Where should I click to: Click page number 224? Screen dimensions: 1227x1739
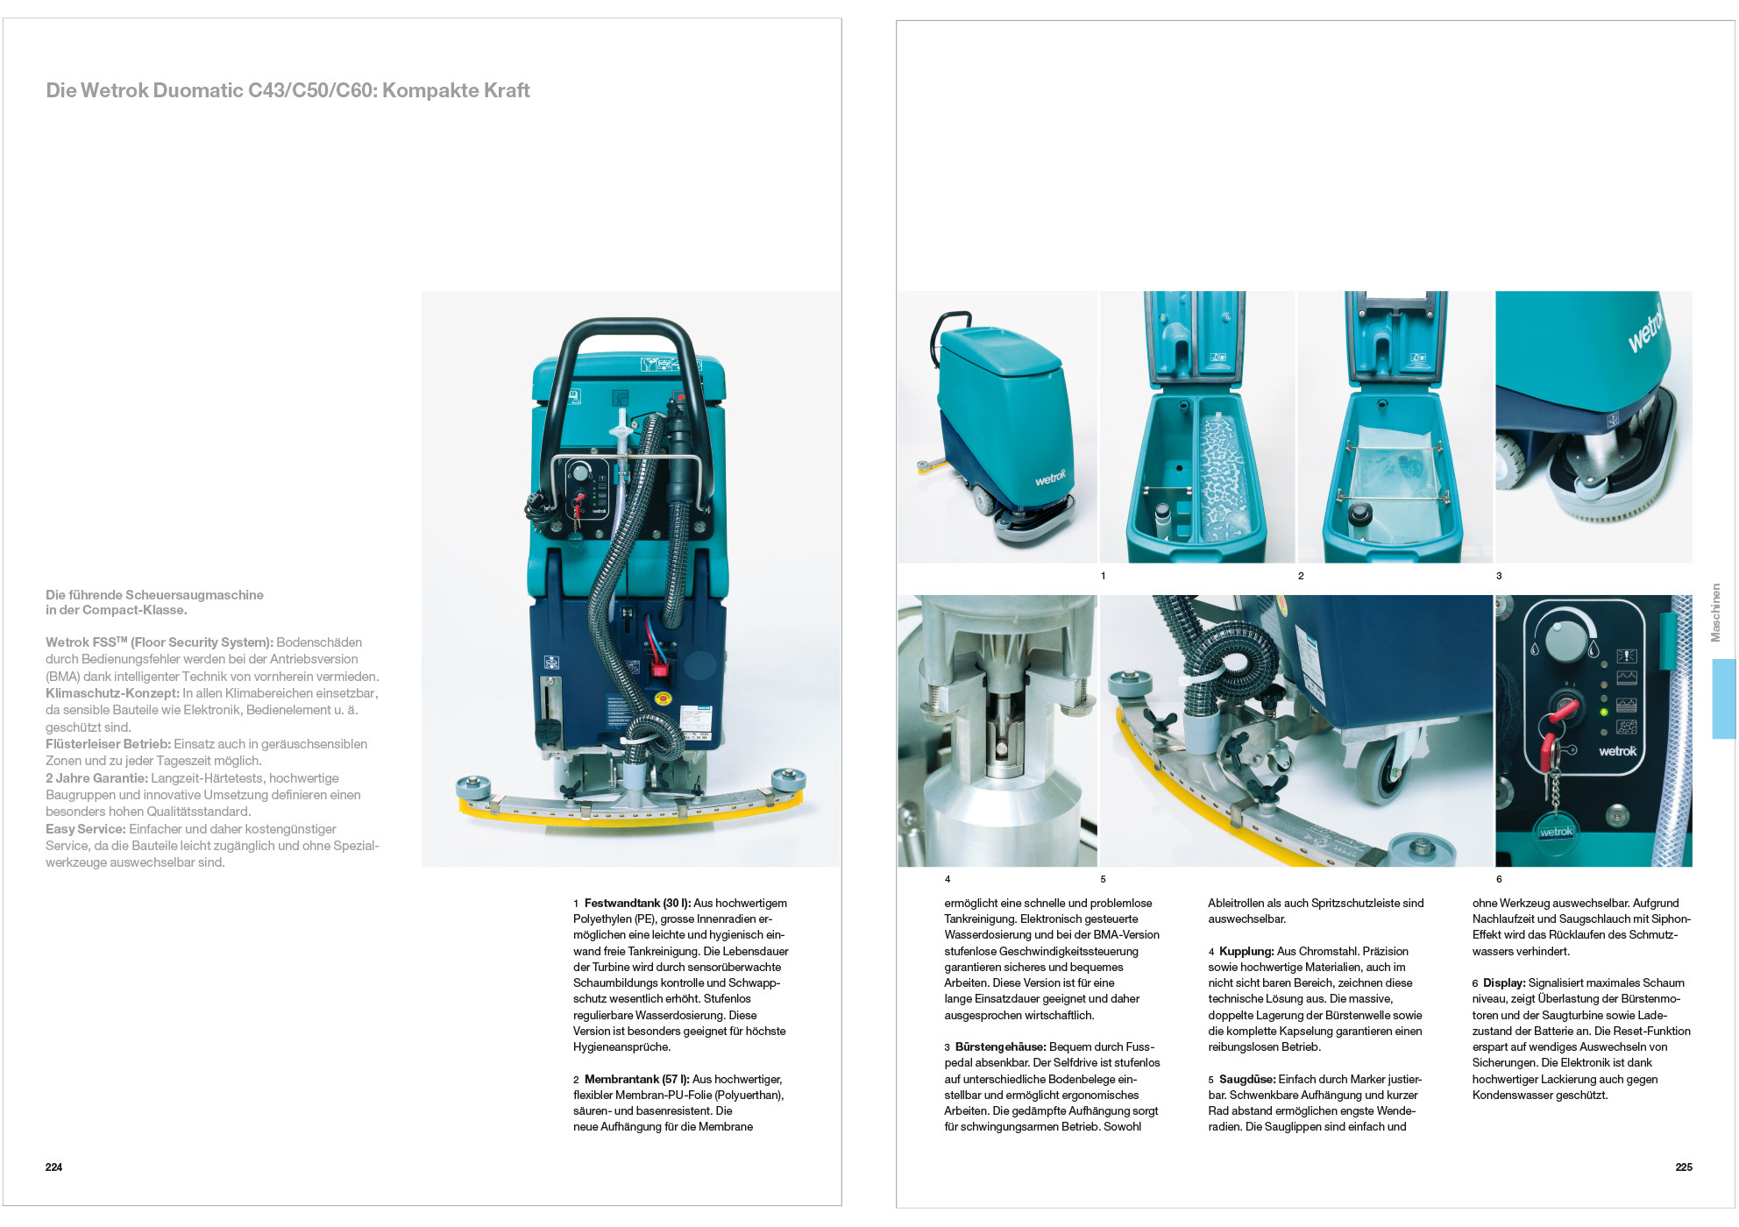click(53, 1167)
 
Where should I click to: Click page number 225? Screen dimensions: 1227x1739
click(1683, 1167)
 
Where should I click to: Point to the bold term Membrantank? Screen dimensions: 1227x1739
click(621, 1079)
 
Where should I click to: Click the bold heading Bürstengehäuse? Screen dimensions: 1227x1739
click(1000, 1046)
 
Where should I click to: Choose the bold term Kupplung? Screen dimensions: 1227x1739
click(1246, 951)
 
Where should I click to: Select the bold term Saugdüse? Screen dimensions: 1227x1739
click(1246, 1079)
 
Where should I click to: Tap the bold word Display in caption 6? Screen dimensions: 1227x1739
click(1503, 982)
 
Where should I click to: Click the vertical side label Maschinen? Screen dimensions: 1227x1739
click(1715, 613)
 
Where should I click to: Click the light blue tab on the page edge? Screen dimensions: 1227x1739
click(1723, 699)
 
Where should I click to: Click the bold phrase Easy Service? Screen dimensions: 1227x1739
click(85, 829)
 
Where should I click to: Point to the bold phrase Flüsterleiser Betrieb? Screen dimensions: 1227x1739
click(108, 744)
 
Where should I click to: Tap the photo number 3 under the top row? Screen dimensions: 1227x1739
click(1499, 576)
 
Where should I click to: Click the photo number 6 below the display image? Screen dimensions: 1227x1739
click(1499, 879)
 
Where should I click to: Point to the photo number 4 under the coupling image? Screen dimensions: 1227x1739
click(948, 879)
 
